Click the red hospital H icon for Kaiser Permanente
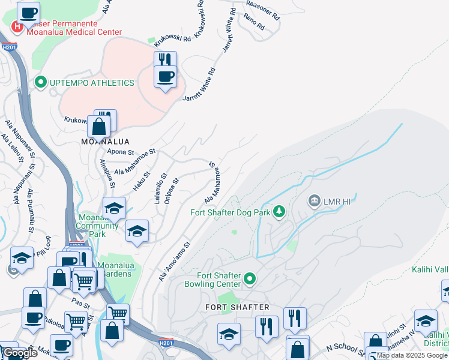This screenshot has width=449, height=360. coord(17,26)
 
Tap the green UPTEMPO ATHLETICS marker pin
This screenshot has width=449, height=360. coord(41,82)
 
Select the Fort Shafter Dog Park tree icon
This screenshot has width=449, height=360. coord(279,211)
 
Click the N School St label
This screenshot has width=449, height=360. coord(346,347)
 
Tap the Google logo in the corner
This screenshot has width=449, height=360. coord(19,353)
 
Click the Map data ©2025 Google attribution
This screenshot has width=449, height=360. coord(412,355)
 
